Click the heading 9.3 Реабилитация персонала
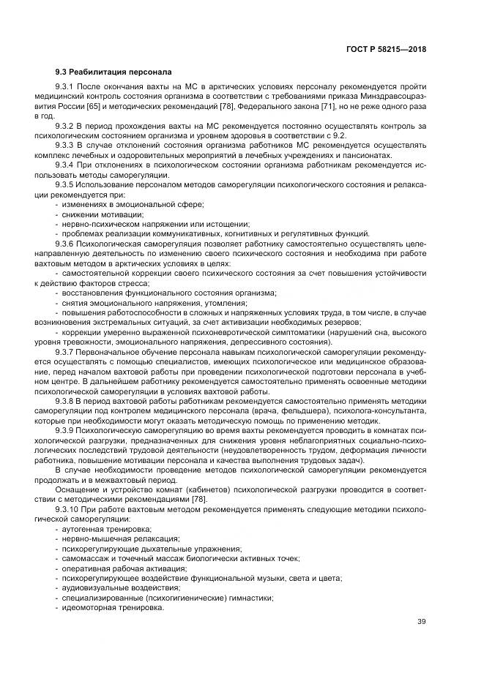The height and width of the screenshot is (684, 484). pyautogui.click(x=113, y=72)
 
